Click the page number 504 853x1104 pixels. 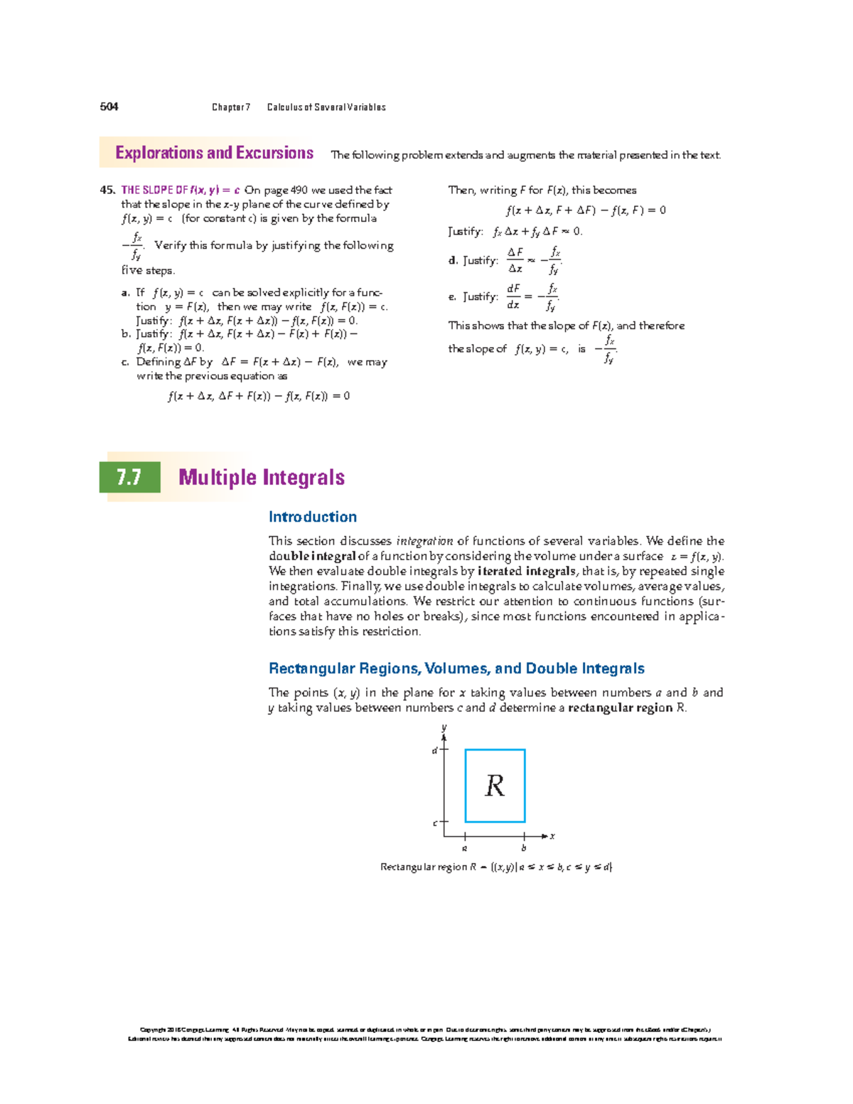109,107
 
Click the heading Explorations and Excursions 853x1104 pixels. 214,154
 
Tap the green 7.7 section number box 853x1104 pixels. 129,477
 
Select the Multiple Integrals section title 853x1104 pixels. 262,477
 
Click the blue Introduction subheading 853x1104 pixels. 312,517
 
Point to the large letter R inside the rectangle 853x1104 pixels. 495,786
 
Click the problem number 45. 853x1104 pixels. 107,190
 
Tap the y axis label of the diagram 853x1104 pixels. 444,727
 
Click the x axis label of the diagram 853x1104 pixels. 552,836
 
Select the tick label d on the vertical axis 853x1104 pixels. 434,751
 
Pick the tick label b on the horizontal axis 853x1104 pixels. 524,848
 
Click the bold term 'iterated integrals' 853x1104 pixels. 527,571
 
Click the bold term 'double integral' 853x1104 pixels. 312,556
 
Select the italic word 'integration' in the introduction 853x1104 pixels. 424,541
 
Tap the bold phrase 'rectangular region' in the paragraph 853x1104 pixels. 620,707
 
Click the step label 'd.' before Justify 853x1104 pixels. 453,261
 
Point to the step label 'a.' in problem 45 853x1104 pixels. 126,292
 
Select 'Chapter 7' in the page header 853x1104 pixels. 230,107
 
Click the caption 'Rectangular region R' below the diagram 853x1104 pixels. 428,867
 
